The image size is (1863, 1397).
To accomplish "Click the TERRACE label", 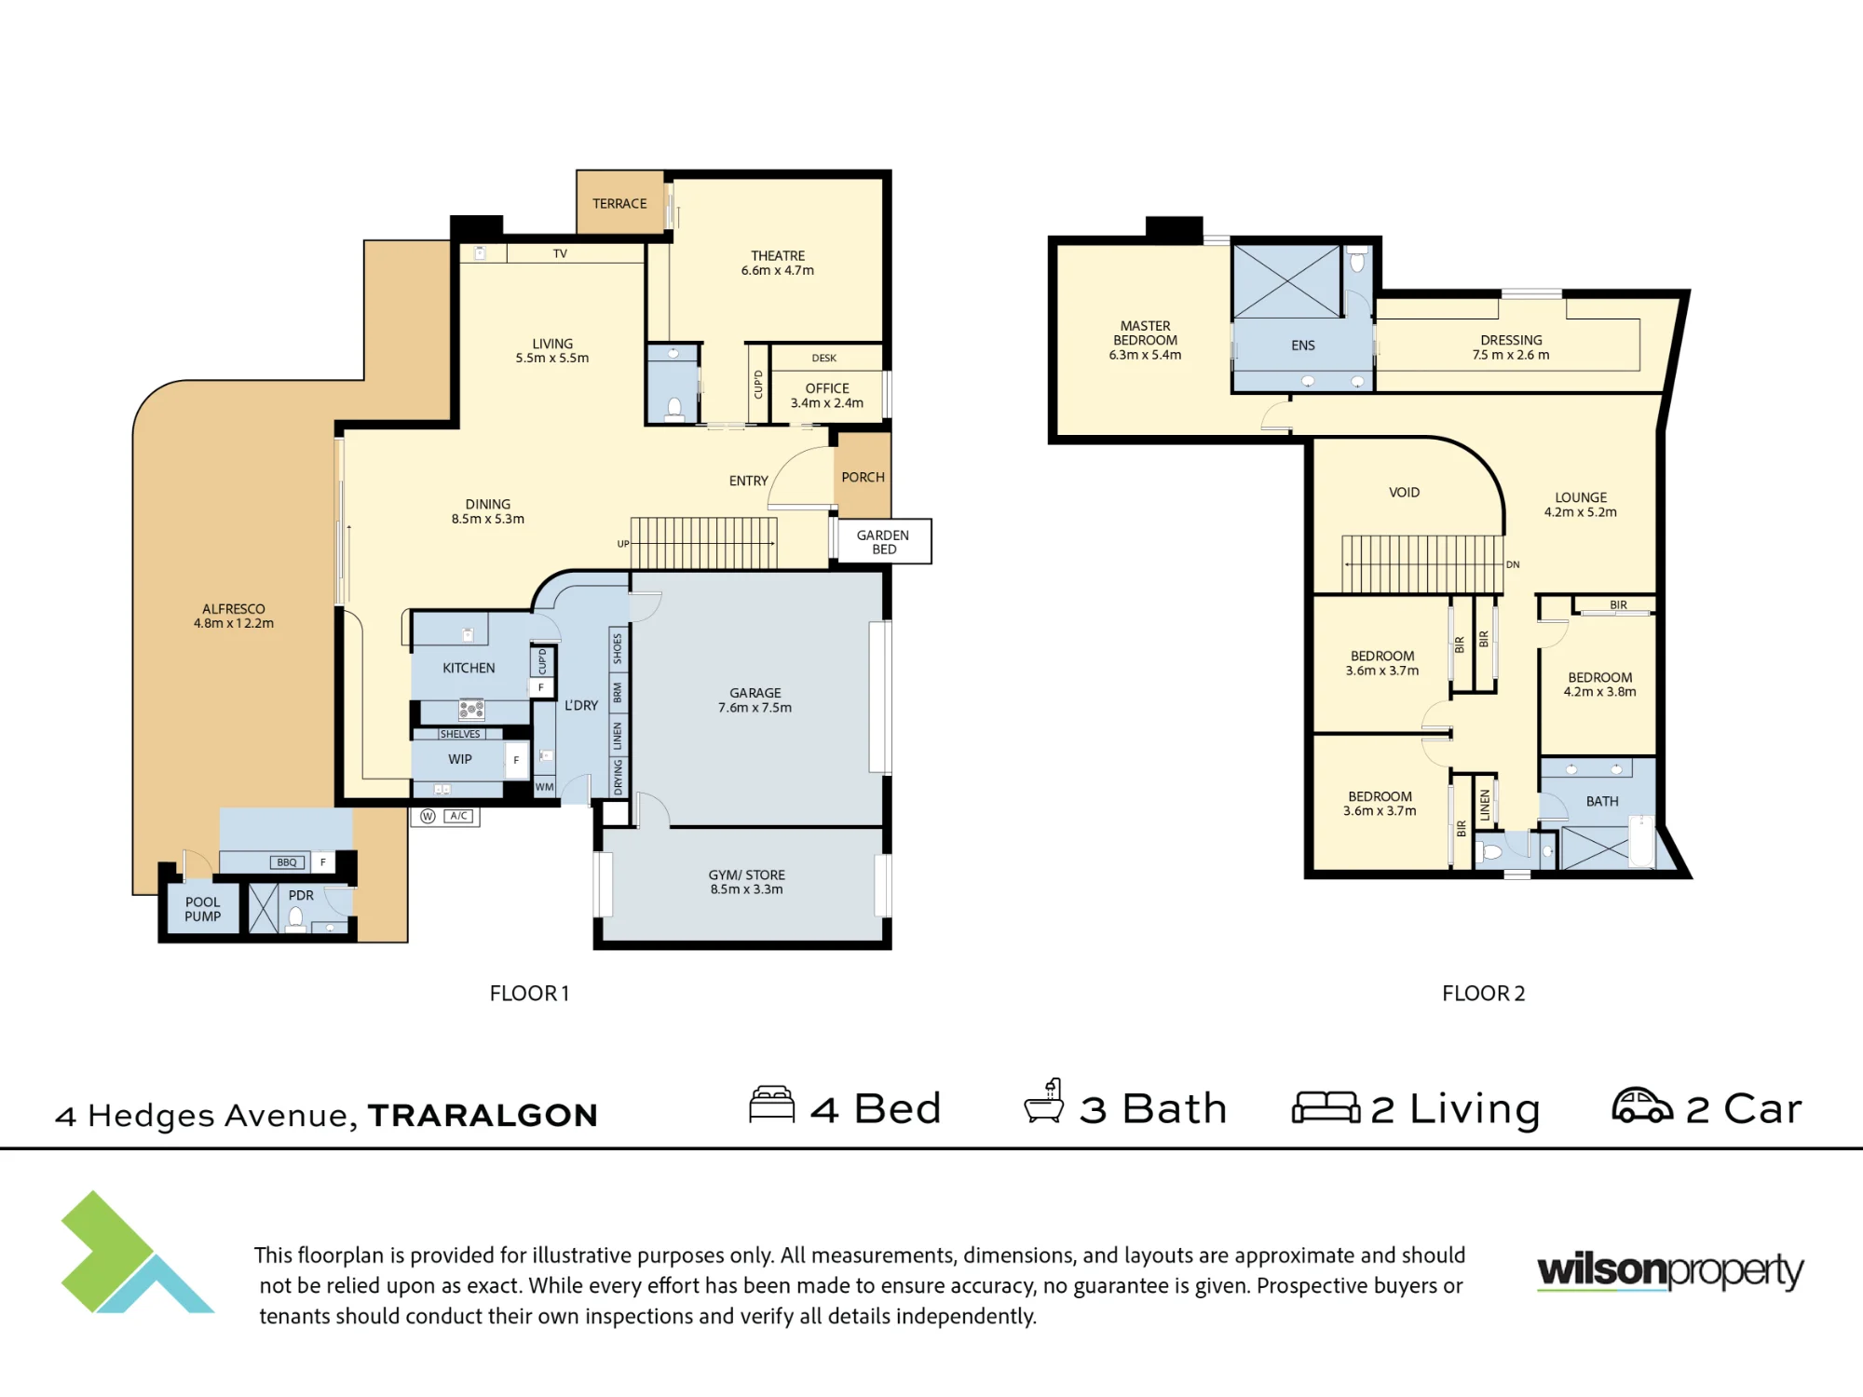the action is [619, 204].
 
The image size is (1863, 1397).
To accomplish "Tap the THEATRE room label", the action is [778, 256].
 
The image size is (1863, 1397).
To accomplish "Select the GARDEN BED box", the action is [884, 541].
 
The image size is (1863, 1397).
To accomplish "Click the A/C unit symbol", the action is [458, 816].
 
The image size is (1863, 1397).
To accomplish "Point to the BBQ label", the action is [287, 862].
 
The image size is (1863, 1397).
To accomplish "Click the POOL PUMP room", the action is [202, 909].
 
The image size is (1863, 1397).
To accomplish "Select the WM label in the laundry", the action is [545, 787].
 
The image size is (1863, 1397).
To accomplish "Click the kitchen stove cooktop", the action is [471, 711].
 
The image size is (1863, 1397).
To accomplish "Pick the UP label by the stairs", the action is [623, 544].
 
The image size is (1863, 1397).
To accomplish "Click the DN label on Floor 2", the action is [1513, 564].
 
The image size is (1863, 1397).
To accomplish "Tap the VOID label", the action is [1404, 493].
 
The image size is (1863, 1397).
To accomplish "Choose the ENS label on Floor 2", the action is [1303, 346].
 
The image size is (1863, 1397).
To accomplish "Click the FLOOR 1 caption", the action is [529, 994].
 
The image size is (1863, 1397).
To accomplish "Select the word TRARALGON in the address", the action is [483, 1116].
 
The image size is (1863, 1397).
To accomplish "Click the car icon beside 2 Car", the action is [1642, 1105].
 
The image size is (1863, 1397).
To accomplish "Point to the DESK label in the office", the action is [824, 359].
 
